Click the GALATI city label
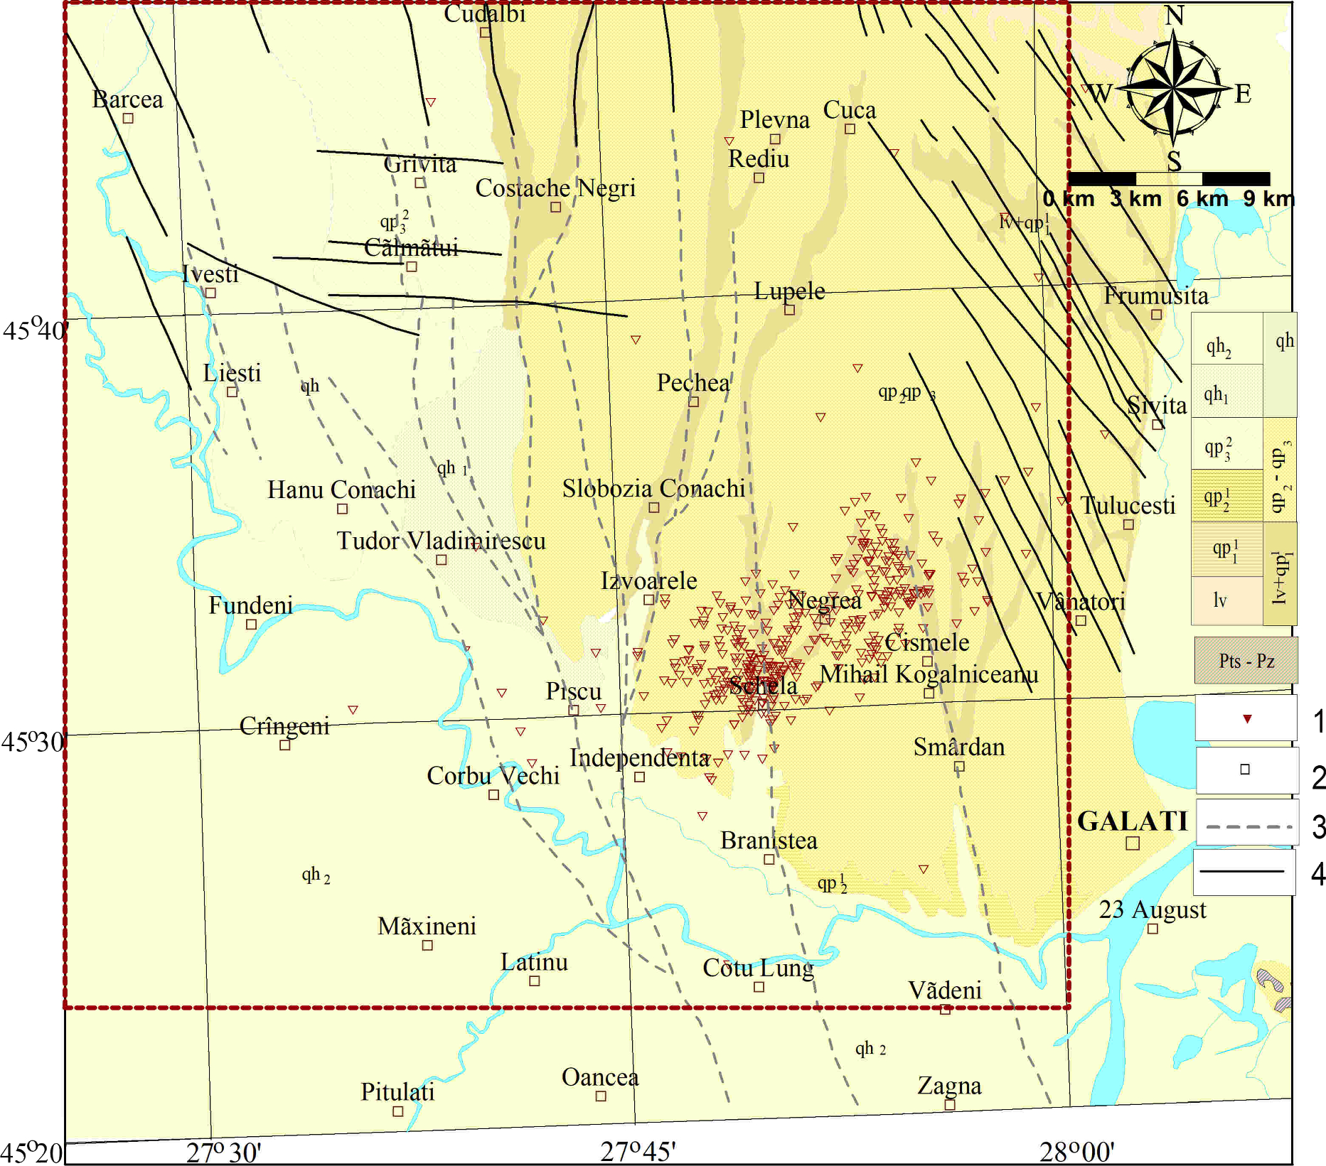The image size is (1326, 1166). (x=1132, y=821)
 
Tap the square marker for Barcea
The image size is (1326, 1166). (x=128, y=119)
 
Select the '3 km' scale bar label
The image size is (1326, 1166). (x=1135, y=199)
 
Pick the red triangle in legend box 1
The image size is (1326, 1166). (x=1246, y=719)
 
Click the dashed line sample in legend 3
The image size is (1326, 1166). (x=1248, y=826)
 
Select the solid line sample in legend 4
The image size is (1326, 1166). (x=1243, y=871)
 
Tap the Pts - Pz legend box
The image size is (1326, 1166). (x=1246, y=661)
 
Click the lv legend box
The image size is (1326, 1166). (x=1220, y=601)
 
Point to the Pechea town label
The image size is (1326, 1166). (x=693, y=384)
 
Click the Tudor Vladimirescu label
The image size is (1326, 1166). (x=441, y=541)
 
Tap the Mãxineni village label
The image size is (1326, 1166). (x=427, y=927)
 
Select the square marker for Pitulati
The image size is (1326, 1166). (x=398, y=1111)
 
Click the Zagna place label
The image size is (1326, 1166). (x=949, y=1086)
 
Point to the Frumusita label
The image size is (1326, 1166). (x=1156, y=296)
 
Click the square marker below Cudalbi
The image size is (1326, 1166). (x=485, y=32)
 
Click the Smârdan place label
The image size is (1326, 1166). (x=958, y=747)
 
